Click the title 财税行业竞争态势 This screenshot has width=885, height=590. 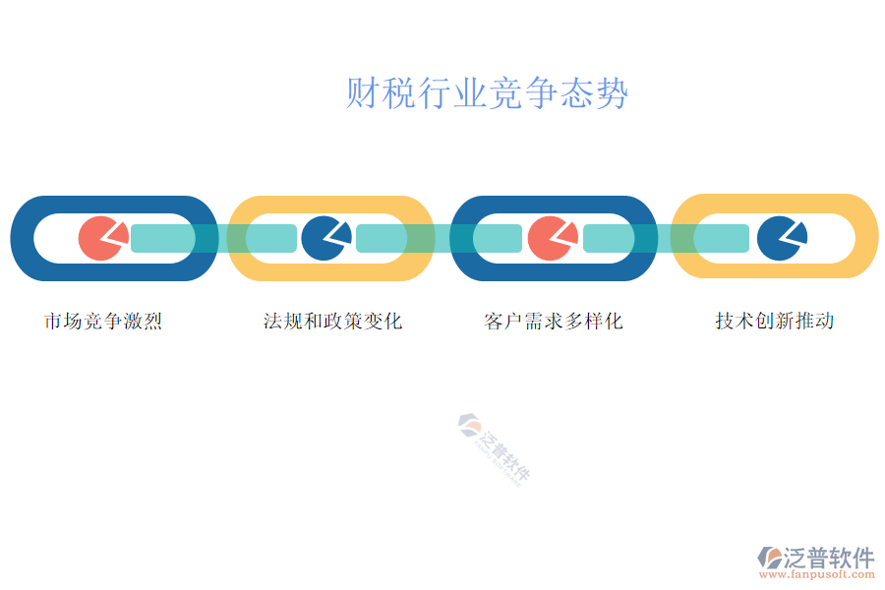tap(487, 94)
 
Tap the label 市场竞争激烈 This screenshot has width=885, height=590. tap(103, 321)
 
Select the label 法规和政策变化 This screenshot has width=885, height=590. tap(332, 321)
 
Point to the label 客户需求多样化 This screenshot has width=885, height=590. tap(554, 321)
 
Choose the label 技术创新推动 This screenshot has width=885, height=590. tap(775, 321)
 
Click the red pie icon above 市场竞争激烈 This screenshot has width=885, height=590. tap(101, 239)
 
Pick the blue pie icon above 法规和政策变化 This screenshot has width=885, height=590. tap(324, 239)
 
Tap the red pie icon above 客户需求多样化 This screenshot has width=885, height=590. tap(551, 239)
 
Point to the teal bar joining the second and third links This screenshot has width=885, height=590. tap(439, 238)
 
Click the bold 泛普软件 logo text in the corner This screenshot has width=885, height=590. tap(829, 558)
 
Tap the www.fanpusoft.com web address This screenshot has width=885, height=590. tap(815, 576)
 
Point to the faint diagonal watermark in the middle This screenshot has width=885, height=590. tap(494, 448)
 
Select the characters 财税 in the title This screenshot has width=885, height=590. tap(364, 94)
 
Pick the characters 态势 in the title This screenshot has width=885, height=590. tap(610, 94)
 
